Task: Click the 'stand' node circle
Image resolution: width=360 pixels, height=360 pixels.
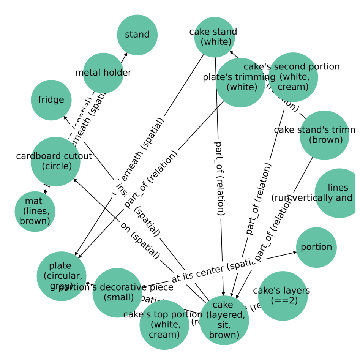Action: click(137, 35)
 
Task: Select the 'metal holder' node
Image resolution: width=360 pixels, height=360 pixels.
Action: click(103, 73)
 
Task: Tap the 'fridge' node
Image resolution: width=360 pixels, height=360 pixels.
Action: click(51, 100)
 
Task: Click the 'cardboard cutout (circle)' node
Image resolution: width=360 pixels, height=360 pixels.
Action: click(55, 161)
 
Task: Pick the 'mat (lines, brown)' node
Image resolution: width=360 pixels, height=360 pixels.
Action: click(35, 212)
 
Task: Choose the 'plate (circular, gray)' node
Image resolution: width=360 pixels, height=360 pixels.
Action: click(62, 276)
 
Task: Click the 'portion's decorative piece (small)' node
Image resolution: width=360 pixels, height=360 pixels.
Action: click(117, 292)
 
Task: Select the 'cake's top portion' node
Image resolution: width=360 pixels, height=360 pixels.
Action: click(164, 325)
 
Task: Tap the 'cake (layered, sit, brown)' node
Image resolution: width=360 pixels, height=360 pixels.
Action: click(224, 320)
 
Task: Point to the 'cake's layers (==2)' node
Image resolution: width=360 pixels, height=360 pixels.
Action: click(283, 296)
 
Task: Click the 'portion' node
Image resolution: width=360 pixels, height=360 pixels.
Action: click(316, 247)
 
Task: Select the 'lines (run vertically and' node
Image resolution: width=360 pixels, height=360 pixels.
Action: click(339, 193)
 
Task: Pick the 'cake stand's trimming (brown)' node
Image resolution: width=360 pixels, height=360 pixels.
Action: click(324, 135)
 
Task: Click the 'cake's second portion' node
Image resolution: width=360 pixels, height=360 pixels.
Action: click(293, 77)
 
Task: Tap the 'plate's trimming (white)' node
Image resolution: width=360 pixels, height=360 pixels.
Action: click(240, 82)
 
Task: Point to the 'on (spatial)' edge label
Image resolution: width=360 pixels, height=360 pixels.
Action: click(140, 241)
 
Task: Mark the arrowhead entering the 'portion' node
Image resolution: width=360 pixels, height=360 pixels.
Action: click(295, 252)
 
